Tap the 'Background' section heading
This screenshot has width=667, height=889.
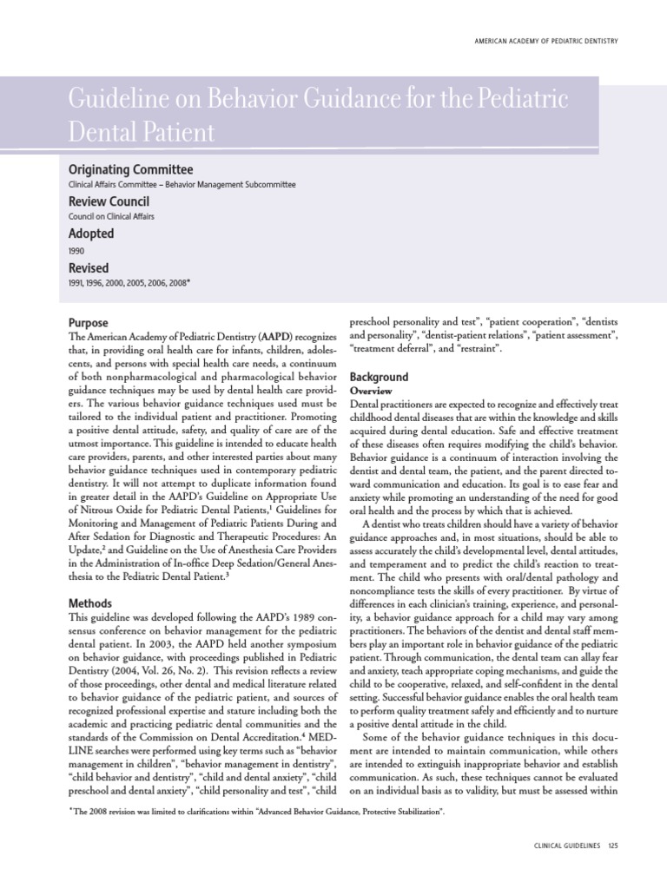coord(378,378)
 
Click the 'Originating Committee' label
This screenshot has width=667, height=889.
coord(130,169)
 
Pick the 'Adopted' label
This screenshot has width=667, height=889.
coord(90,234)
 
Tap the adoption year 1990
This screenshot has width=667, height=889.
coord(76,250)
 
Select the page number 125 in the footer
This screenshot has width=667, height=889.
coord(612,846)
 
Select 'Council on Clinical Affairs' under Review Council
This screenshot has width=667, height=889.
coord(110,217)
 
